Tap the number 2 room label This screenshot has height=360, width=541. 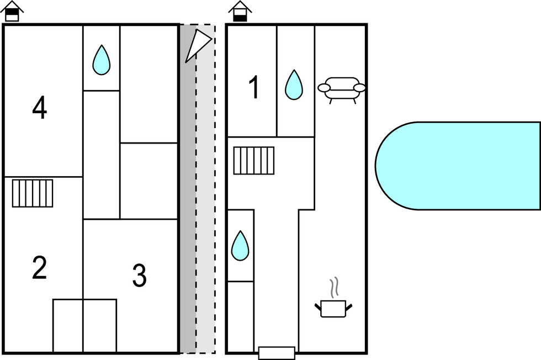tap(39, 268)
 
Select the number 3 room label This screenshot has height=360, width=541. tap(139, 276)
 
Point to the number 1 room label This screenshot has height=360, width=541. tap(254, 88)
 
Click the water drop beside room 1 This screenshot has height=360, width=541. tap(294, 85)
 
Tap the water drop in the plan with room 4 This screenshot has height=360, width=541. tap(101, 60)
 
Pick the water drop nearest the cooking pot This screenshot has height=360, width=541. tap(240, 246)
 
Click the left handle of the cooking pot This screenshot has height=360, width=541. tap(318, 304)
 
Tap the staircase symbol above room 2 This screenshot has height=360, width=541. tap(33, 193)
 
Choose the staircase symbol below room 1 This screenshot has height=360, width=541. tap(254, 160)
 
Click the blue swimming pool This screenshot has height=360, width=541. tap(458, 166)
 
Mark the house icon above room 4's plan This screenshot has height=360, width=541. tap(12, 11)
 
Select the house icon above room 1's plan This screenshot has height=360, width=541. tap(240, 11)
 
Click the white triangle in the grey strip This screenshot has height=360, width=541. tap(197, 44)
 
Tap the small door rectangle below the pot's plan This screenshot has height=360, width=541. tap(277, 353)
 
